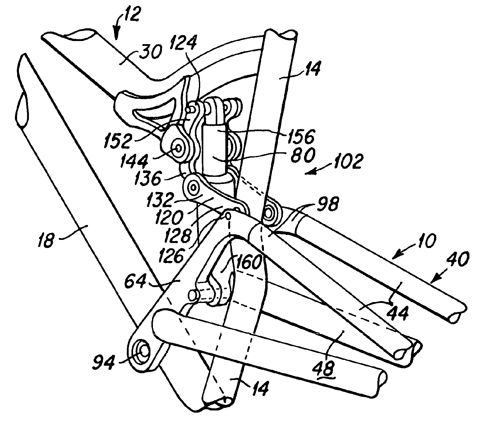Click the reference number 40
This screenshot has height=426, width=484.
tap(458, 259)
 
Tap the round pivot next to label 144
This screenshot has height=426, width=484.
tap(179, 148)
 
